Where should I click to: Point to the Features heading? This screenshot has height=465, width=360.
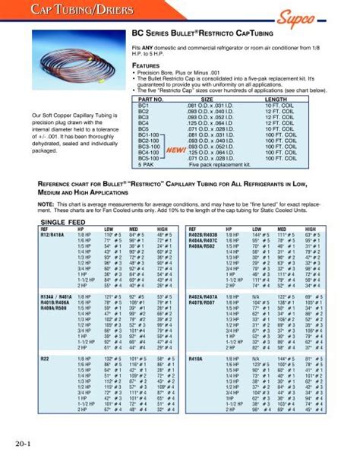coord(147,66)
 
